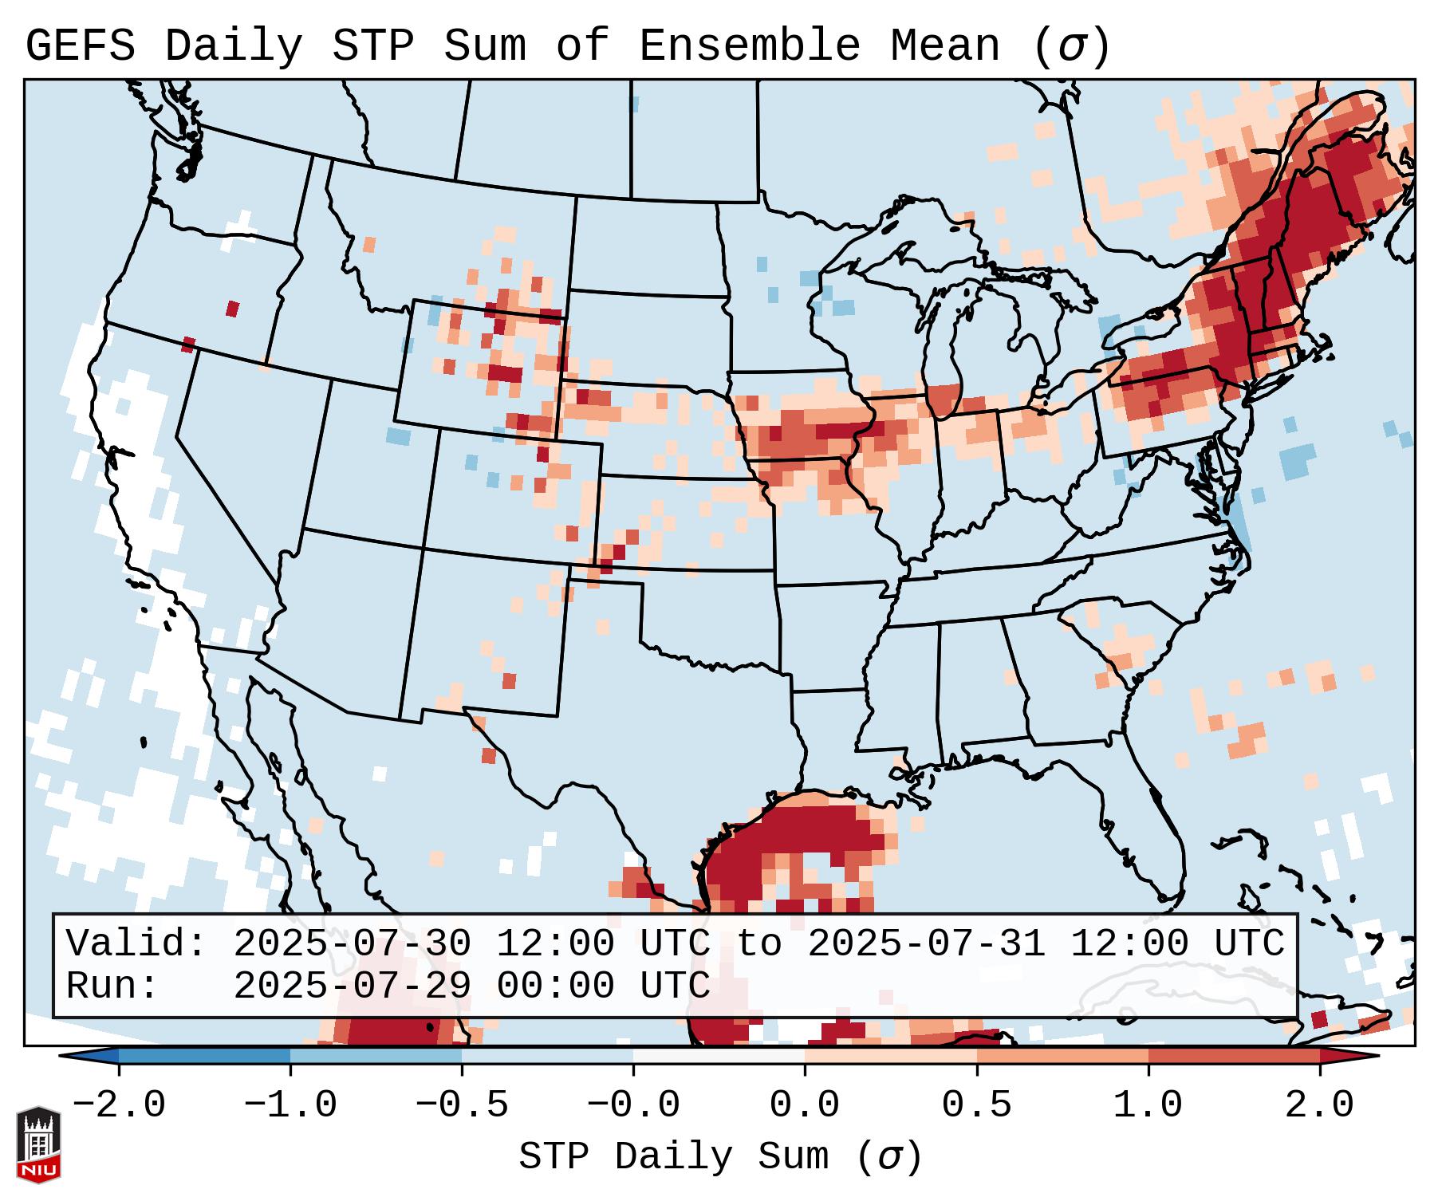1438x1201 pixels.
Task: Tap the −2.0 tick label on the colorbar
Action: point(119,1105)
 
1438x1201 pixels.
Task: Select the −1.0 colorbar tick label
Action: point(290,1105)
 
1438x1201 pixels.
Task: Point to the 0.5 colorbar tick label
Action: point(976,1105)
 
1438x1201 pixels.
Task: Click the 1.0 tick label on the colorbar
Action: point(1148,1105)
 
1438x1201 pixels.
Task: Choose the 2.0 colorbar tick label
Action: point(1319,1105)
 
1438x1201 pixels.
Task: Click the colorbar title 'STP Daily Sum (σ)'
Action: point(720,1157)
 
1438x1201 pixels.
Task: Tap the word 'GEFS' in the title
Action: point(80,45)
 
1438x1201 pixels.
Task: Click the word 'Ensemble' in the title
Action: point(749,45)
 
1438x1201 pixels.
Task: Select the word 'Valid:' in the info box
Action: point(136,944)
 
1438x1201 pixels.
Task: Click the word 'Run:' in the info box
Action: point(112,986)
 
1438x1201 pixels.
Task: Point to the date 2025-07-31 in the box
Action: point(926,944)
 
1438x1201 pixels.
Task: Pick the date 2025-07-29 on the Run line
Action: point(352,986)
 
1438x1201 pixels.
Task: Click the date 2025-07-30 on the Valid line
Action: point(352,944)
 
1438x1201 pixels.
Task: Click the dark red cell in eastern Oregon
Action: point(232,309)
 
